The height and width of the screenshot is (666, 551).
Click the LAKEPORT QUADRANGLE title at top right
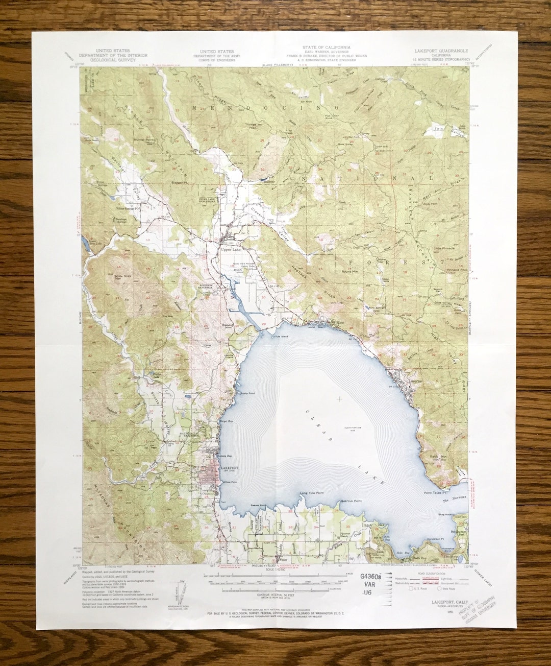pyautogui.click(x=442, y=51)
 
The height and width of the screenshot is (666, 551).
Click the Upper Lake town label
pyautogui.click(x=231, y=250)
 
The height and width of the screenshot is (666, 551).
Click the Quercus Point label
pyautogui.click(x=350, y=501)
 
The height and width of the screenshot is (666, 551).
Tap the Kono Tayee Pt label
pyautogui.click(x=435, y=493)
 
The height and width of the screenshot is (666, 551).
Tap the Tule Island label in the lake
pyautogui.click(x=282, y=337)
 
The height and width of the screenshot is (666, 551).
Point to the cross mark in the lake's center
pyautogui.click(x=339, y=398)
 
